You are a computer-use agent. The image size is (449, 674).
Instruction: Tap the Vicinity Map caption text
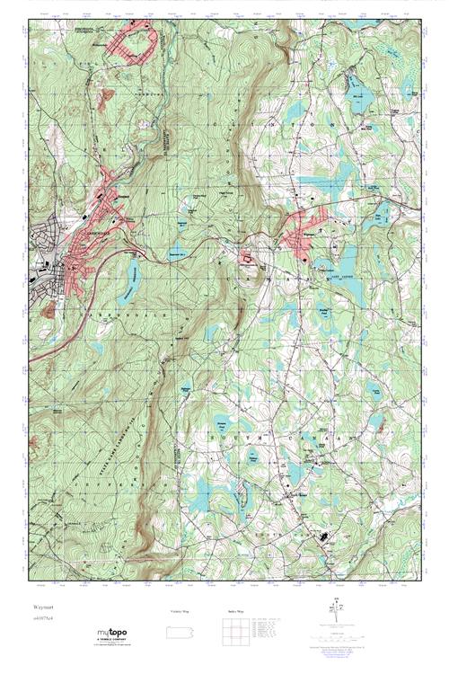(x=180, y=610)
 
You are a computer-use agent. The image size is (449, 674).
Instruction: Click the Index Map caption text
(x=234, y=610)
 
